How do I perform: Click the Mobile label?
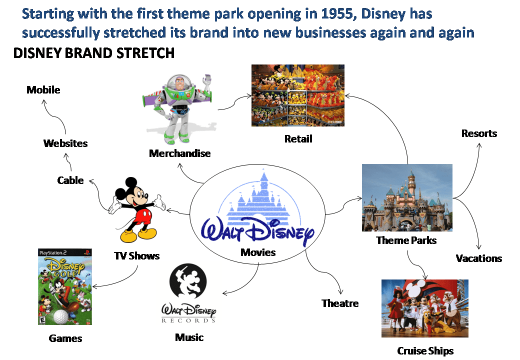click(43, 90)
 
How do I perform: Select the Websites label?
click(65, 143)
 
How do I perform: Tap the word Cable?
click(70, 180)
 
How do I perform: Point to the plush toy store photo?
click(297, 95)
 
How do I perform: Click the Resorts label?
click(479, 133)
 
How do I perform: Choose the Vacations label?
click(479, 258)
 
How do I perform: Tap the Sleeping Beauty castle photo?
click(407, 197)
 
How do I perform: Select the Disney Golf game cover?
click(65, 287)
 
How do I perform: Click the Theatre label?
click(340, 303)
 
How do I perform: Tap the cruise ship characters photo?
click(424, 308)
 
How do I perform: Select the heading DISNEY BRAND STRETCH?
click(93, 53)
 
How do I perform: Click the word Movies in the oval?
click(258, 252)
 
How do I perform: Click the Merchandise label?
click(179, 153)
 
